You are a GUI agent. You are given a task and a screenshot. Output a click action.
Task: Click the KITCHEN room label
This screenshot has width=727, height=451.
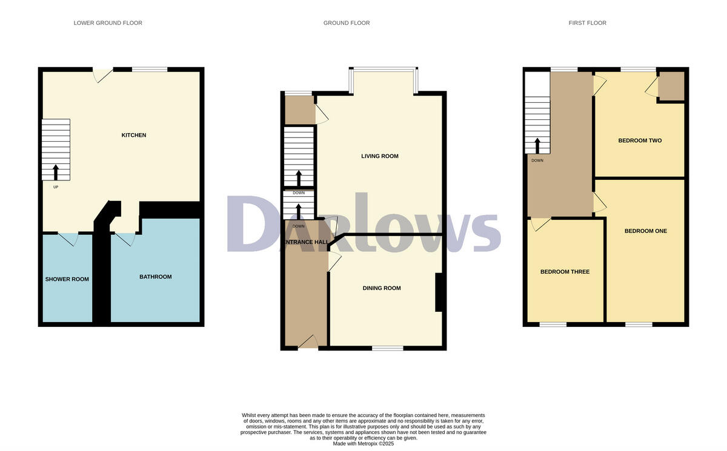point(133,135)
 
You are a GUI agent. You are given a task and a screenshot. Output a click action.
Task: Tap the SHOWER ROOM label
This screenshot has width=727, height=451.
point(67,279)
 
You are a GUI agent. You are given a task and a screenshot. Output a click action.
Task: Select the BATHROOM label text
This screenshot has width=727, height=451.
point(156,277)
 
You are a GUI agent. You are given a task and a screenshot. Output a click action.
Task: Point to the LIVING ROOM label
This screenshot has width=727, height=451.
point(380,156)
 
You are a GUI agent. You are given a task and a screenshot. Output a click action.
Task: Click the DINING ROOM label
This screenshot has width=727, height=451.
point(382,288)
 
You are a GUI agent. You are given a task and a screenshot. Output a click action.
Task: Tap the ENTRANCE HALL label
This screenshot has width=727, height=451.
point(307,242)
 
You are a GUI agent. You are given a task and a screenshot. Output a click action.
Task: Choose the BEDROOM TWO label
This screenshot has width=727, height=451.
point(640,140)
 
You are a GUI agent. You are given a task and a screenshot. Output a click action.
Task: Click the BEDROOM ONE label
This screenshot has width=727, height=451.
point(646,231)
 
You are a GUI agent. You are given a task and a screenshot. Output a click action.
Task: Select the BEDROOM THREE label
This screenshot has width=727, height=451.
point(565,272)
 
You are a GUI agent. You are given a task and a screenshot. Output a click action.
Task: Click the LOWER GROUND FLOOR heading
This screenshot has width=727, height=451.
point(108,23)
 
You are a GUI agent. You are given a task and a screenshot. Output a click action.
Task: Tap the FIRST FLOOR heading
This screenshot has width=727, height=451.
point(587,23)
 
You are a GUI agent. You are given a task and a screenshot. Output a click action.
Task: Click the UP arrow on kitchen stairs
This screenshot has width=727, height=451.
point(56,173)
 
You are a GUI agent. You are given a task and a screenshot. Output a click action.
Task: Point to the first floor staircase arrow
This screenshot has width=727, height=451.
point(537,146)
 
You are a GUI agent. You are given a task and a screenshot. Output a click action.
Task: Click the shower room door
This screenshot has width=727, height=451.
point(68,239)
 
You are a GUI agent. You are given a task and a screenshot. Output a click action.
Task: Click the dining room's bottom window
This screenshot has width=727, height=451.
point(388,348)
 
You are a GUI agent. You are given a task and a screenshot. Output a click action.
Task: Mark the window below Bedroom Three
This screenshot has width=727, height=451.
point(553,324)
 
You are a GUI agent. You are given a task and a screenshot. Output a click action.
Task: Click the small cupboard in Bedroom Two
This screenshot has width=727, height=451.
point(671,86)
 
